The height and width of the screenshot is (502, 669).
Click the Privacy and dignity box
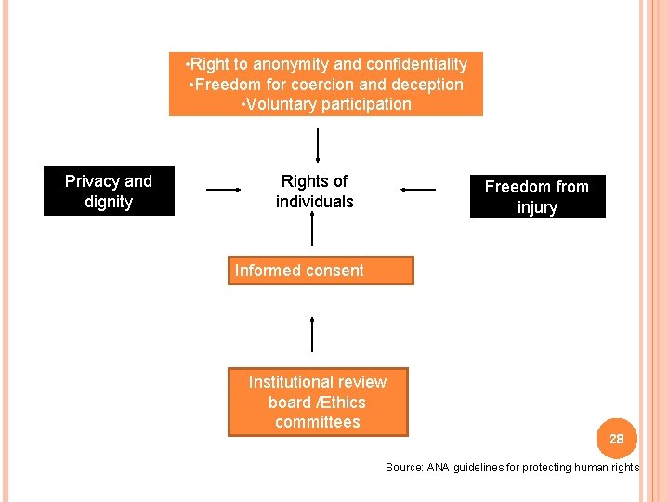pos(109,192)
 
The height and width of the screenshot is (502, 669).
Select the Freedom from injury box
pos(537,197)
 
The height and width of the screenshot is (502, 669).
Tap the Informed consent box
pos(321,271)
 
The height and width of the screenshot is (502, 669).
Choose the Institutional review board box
pos(318,402)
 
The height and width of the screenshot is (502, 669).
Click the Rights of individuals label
pos(315,192)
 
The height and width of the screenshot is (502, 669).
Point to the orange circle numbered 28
pos(616,438)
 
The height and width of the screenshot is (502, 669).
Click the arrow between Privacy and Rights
pos(223,190)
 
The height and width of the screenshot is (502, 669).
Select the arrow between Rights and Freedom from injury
pos(418,190)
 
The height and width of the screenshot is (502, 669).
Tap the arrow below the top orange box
pos(319,146)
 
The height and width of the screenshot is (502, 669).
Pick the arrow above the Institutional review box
pos(312,334)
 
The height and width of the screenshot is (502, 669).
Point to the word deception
pos(427,85)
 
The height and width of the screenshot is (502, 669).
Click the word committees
pos(317,422)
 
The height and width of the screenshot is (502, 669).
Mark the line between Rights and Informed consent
pos(312,230)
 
